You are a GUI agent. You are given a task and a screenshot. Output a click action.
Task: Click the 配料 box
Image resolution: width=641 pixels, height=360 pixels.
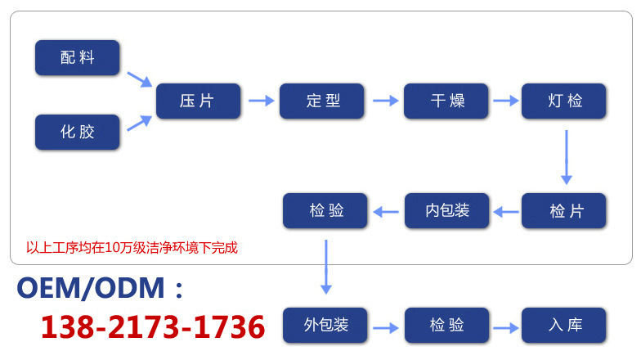click(x=77, y=58)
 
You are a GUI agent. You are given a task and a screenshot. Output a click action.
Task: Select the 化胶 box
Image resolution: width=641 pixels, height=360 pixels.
click(x=77, y=132)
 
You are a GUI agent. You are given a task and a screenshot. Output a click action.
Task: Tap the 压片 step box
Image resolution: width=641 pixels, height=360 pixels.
click(x=198, y=101)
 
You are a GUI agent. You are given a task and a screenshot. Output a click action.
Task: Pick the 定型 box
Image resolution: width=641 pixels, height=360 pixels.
click(x=322, y=101)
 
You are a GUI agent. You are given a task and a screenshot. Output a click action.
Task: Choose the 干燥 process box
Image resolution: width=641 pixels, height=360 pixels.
click(x=446, y=101)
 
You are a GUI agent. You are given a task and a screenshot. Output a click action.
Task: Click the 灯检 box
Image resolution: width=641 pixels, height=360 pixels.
click(x=564, y=101)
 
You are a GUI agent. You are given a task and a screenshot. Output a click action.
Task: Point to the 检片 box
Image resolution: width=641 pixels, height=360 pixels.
click(x=564, y=211)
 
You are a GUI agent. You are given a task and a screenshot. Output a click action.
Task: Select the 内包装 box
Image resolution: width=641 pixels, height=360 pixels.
click(x=446, y=211)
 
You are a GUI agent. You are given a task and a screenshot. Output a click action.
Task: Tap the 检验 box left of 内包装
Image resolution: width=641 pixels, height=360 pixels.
click(x=325, y=211)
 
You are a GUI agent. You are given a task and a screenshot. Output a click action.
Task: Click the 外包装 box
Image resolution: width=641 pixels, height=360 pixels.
click(x=325, y=325)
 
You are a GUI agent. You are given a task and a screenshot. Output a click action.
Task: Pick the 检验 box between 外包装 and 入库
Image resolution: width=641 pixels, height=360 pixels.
click(x=446, y=325)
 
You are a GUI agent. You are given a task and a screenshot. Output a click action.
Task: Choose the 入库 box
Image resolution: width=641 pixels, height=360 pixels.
click(x=564, y=325)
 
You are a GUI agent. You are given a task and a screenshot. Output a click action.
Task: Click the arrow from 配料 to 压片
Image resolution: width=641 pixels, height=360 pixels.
click(x=139, y=79)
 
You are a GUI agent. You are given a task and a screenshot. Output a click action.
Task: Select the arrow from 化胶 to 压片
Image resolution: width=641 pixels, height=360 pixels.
click(x=139, y=123)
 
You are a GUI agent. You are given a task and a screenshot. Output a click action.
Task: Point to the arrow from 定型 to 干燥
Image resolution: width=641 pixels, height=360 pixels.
click(x=384, y=101)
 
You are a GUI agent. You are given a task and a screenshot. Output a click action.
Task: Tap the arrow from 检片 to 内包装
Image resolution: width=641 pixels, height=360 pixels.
click(x=506, y=212)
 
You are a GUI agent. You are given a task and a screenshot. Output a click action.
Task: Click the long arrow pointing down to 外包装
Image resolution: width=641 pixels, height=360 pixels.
click(x=326, y=266)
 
